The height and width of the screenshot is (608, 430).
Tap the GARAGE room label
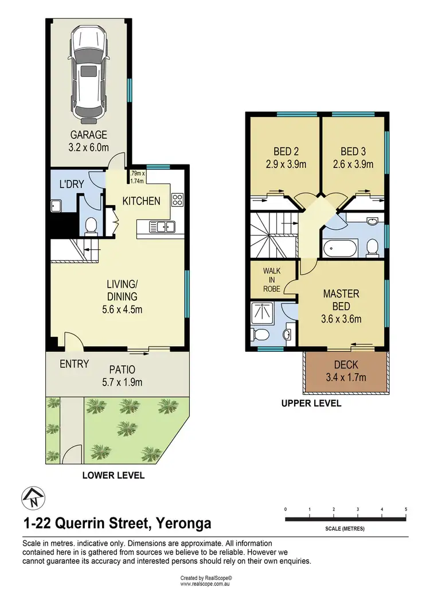click(x=89, y=135)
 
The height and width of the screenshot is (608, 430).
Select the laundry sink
click(x=57, y=205)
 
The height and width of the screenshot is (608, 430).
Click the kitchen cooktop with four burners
click(x=177, y=200)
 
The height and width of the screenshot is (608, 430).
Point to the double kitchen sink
click(x=162, y=227)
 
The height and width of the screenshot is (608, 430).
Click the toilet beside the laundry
click(x=91, y=226)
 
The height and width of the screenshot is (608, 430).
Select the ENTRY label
click(x=74, y=364)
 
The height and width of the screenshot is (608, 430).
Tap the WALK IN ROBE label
click(x=272, y=279)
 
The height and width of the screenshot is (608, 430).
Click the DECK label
click(x=346, y=365)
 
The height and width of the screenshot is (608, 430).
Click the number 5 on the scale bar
click(x=405, y=509)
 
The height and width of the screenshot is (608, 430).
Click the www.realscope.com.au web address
click(x=205, y=584)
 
